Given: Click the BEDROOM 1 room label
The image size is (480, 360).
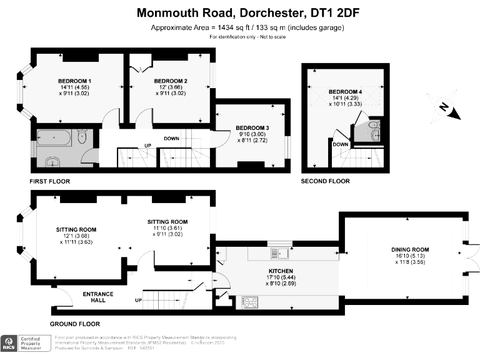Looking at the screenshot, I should (75, 81).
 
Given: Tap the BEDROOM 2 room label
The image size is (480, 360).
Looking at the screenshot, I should (171, 81).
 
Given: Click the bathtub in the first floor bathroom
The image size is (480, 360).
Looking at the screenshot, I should (55, 137).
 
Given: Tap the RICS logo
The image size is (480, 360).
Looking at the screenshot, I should (11, 343).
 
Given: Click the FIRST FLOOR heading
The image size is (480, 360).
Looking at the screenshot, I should (49, 181).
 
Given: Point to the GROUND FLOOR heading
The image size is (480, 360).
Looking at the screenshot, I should (74, 324).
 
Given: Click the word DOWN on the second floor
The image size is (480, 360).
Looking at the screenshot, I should (340, 144).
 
